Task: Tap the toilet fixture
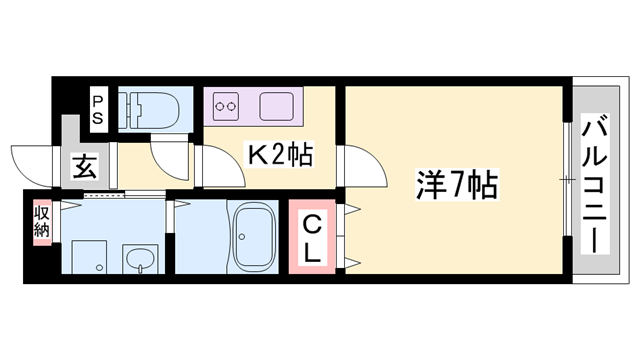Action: pyautogui.click(x=151, y=107)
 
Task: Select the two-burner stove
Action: pyautogui.click(x=225, y=102)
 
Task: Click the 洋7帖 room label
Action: pyautogui.click(x=459, y=186)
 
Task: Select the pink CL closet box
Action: pyautogui.click(x=313, y=237)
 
